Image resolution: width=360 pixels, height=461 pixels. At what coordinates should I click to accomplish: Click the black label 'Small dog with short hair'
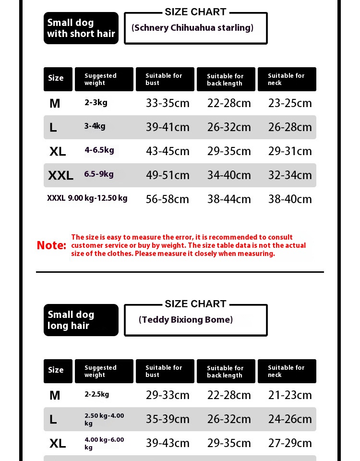[81, 28]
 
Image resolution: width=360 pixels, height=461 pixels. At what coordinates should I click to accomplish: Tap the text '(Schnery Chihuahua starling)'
[192, 28]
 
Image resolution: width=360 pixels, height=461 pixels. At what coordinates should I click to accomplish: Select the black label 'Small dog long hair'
[81, 320]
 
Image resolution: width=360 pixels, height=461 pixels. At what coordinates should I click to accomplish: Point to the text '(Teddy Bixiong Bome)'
[186, 320]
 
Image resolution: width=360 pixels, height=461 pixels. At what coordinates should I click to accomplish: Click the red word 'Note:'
[51, 245]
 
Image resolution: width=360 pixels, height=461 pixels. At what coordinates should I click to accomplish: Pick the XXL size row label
[60, 175]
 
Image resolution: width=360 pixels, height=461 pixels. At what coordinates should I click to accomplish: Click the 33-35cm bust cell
[168, 103]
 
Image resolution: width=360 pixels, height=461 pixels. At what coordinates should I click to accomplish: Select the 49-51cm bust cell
[168, 175]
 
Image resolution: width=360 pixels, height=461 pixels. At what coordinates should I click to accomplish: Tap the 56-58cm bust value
[168, 199]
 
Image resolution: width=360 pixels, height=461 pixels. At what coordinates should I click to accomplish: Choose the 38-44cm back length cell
[229, 199]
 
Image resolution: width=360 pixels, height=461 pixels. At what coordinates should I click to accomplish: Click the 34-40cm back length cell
[229, 175]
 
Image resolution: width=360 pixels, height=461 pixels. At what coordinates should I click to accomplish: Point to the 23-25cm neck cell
[290, 103]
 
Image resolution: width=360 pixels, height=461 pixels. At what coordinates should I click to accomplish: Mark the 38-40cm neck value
[290, 199]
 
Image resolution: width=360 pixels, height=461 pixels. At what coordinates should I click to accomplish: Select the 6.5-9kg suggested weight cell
[99, 174]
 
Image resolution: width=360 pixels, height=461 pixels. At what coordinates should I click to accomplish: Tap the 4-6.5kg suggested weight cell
[99, 150]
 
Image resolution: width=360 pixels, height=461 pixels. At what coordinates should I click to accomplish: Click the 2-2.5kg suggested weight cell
[97, 394]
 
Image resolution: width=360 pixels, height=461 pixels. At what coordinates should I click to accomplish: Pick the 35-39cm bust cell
[168, 419]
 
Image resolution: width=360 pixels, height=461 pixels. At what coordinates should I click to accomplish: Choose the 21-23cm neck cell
[290, 395]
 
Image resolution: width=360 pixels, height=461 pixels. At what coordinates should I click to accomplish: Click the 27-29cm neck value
[290, 443]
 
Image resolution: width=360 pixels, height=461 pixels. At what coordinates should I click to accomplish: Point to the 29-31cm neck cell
[290, 151]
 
